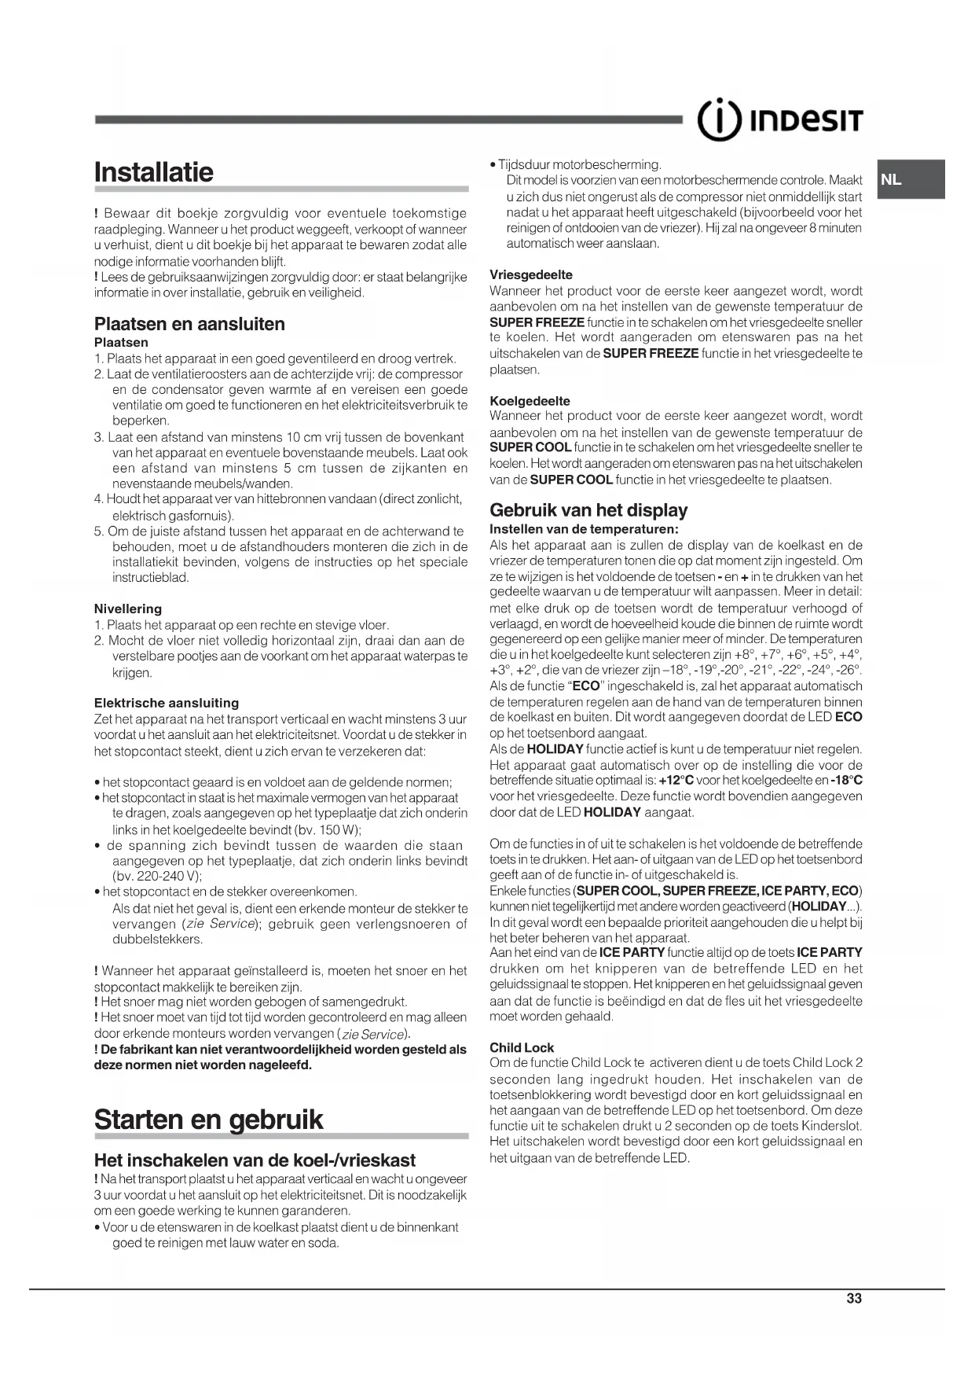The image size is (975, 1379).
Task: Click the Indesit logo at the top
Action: (x=780, y=121)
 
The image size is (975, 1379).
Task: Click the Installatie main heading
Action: (x=154, y=172)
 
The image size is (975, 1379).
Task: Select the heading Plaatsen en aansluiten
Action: (x=189, y=324)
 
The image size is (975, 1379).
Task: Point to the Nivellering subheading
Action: (x=128, y=609)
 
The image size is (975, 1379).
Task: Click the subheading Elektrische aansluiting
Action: (x=167, y=703)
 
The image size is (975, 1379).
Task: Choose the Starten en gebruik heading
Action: (x=208, y=1120)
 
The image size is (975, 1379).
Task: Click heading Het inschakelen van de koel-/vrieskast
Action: (x=255, y=1160)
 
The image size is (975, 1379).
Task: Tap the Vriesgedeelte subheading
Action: (x=531, y=274)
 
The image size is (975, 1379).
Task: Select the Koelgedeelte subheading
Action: (x=530, y=400)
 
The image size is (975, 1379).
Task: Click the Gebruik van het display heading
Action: (x=588, y=510)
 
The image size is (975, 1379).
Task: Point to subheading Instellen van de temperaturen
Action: (x=584, y=528)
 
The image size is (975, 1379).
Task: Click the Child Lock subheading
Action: (x=522, y=1047)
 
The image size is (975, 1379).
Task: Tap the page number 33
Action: (x=854, y=1298)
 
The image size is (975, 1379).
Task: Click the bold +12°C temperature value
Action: (x=676, y=781)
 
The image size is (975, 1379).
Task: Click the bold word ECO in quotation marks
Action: (x=586, y=686)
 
